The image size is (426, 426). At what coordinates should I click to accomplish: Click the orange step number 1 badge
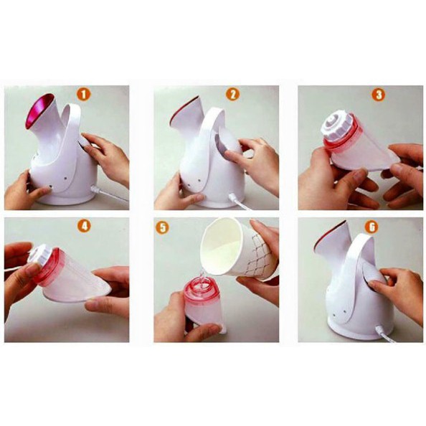(84, 95)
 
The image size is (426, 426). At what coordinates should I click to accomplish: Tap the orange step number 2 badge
(233, 94)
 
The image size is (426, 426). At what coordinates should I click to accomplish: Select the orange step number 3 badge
(379, 95)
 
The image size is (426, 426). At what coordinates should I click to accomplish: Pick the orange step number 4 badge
(84, 226)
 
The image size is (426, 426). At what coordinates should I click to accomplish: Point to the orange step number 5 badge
(163, 227)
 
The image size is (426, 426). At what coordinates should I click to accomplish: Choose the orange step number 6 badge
(371, 227)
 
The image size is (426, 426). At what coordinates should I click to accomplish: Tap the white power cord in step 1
(109, 193)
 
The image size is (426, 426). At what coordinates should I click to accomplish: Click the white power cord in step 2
(239, 202)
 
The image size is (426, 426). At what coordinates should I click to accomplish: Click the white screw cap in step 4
(40, 256)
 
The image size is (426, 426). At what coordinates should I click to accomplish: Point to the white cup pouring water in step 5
(236, 248)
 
